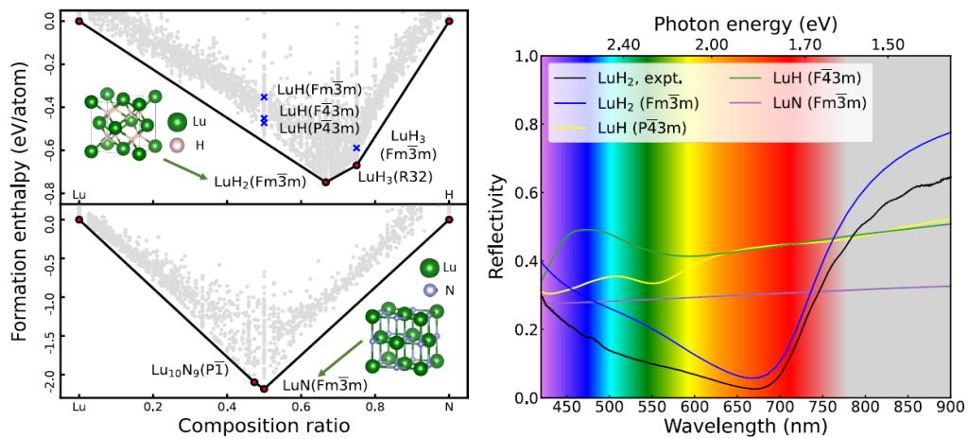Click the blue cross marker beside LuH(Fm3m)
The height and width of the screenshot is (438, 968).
click(265, 97)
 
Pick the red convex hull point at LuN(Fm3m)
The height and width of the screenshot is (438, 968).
click(264, 388)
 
